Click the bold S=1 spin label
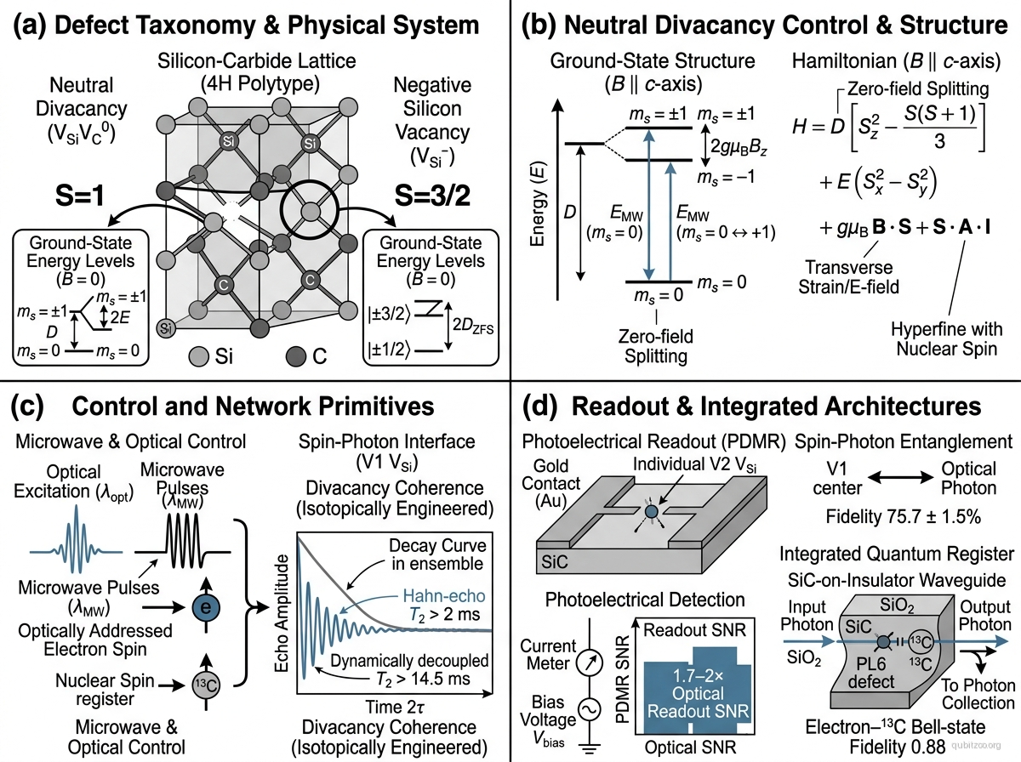tap(79, 196)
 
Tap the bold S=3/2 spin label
tap(432, 196)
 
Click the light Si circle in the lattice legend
tap(198, 356)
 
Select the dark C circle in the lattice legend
tap(296, 356)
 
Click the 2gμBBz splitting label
tap(739, 147)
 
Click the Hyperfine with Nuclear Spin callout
tap(947, 339)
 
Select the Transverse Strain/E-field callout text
tap(848, 277)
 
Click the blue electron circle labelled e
tap(206, 608)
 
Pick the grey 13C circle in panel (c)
tap(206, 685)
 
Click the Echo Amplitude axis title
tap(282, 614)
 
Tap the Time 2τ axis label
tap(395, 707)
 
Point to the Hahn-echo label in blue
tap(444, 595)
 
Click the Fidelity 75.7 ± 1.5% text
tap(904, 516)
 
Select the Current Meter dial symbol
tap(590, 662)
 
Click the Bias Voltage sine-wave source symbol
tap(590, 710)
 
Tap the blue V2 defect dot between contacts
tap(651, 512)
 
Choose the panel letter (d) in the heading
tap(539, 407)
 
